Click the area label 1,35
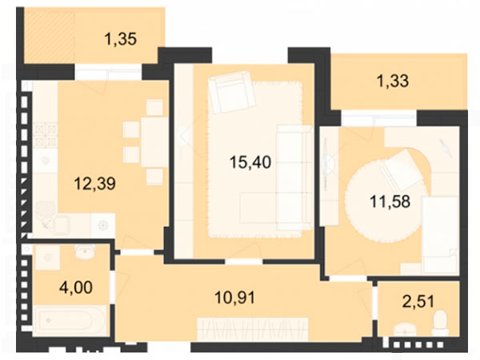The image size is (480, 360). [120, 39]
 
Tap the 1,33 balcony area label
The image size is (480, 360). [393, 82]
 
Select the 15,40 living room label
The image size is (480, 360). [250, 162]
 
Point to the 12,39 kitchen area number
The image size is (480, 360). [95, 184]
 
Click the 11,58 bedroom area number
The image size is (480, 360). [390, 202]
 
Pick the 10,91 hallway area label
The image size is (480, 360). [234, 298]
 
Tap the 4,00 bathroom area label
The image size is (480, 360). [76, 288]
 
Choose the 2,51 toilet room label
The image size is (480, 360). [418, 302]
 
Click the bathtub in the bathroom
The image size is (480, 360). [70, 320]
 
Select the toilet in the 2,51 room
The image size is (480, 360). [440, 322]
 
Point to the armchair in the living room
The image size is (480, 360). [232, 92]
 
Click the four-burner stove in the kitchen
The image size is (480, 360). [46, 134]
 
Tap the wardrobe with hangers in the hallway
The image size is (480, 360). [253, 329]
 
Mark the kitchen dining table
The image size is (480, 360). [154, 142]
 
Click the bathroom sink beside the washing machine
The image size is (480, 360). [85, 251]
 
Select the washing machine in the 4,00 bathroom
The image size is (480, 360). [47, 258]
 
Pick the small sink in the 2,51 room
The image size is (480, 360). [405, 330]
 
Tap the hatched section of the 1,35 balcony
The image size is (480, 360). [50, 38]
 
